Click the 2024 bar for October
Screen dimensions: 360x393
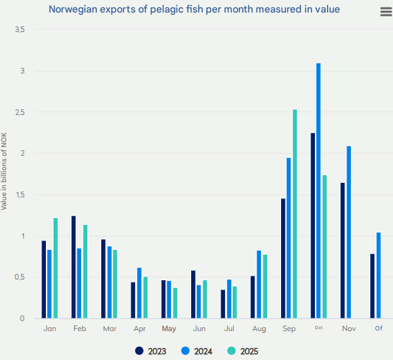tap(319, 191)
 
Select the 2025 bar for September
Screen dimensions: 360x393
tap(295, 214)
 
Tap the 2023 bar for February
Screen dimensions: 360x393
tap(74, 267)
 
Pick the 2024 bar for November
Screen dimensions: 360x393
tap(349, 232)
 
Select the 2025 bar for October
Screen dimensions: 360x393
tap(324, 247)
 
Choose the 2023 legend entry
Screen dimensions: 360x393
tap(151, 351)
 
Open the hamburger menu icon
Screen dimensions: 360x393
tap(385, 13)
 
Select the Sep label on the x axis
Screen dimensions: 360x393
tap(289, 329)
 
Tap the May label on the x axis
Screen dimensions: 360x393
tap(169, 329)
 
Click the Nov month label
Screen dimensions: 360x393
tap(348, 329)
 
